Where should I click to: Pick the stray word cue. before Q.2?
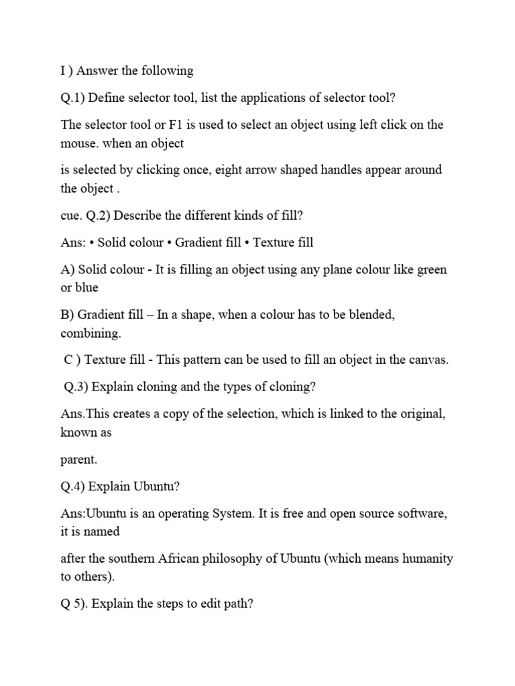(x=71, y=215)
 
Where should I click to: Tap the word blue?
(x=87, y=287)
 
